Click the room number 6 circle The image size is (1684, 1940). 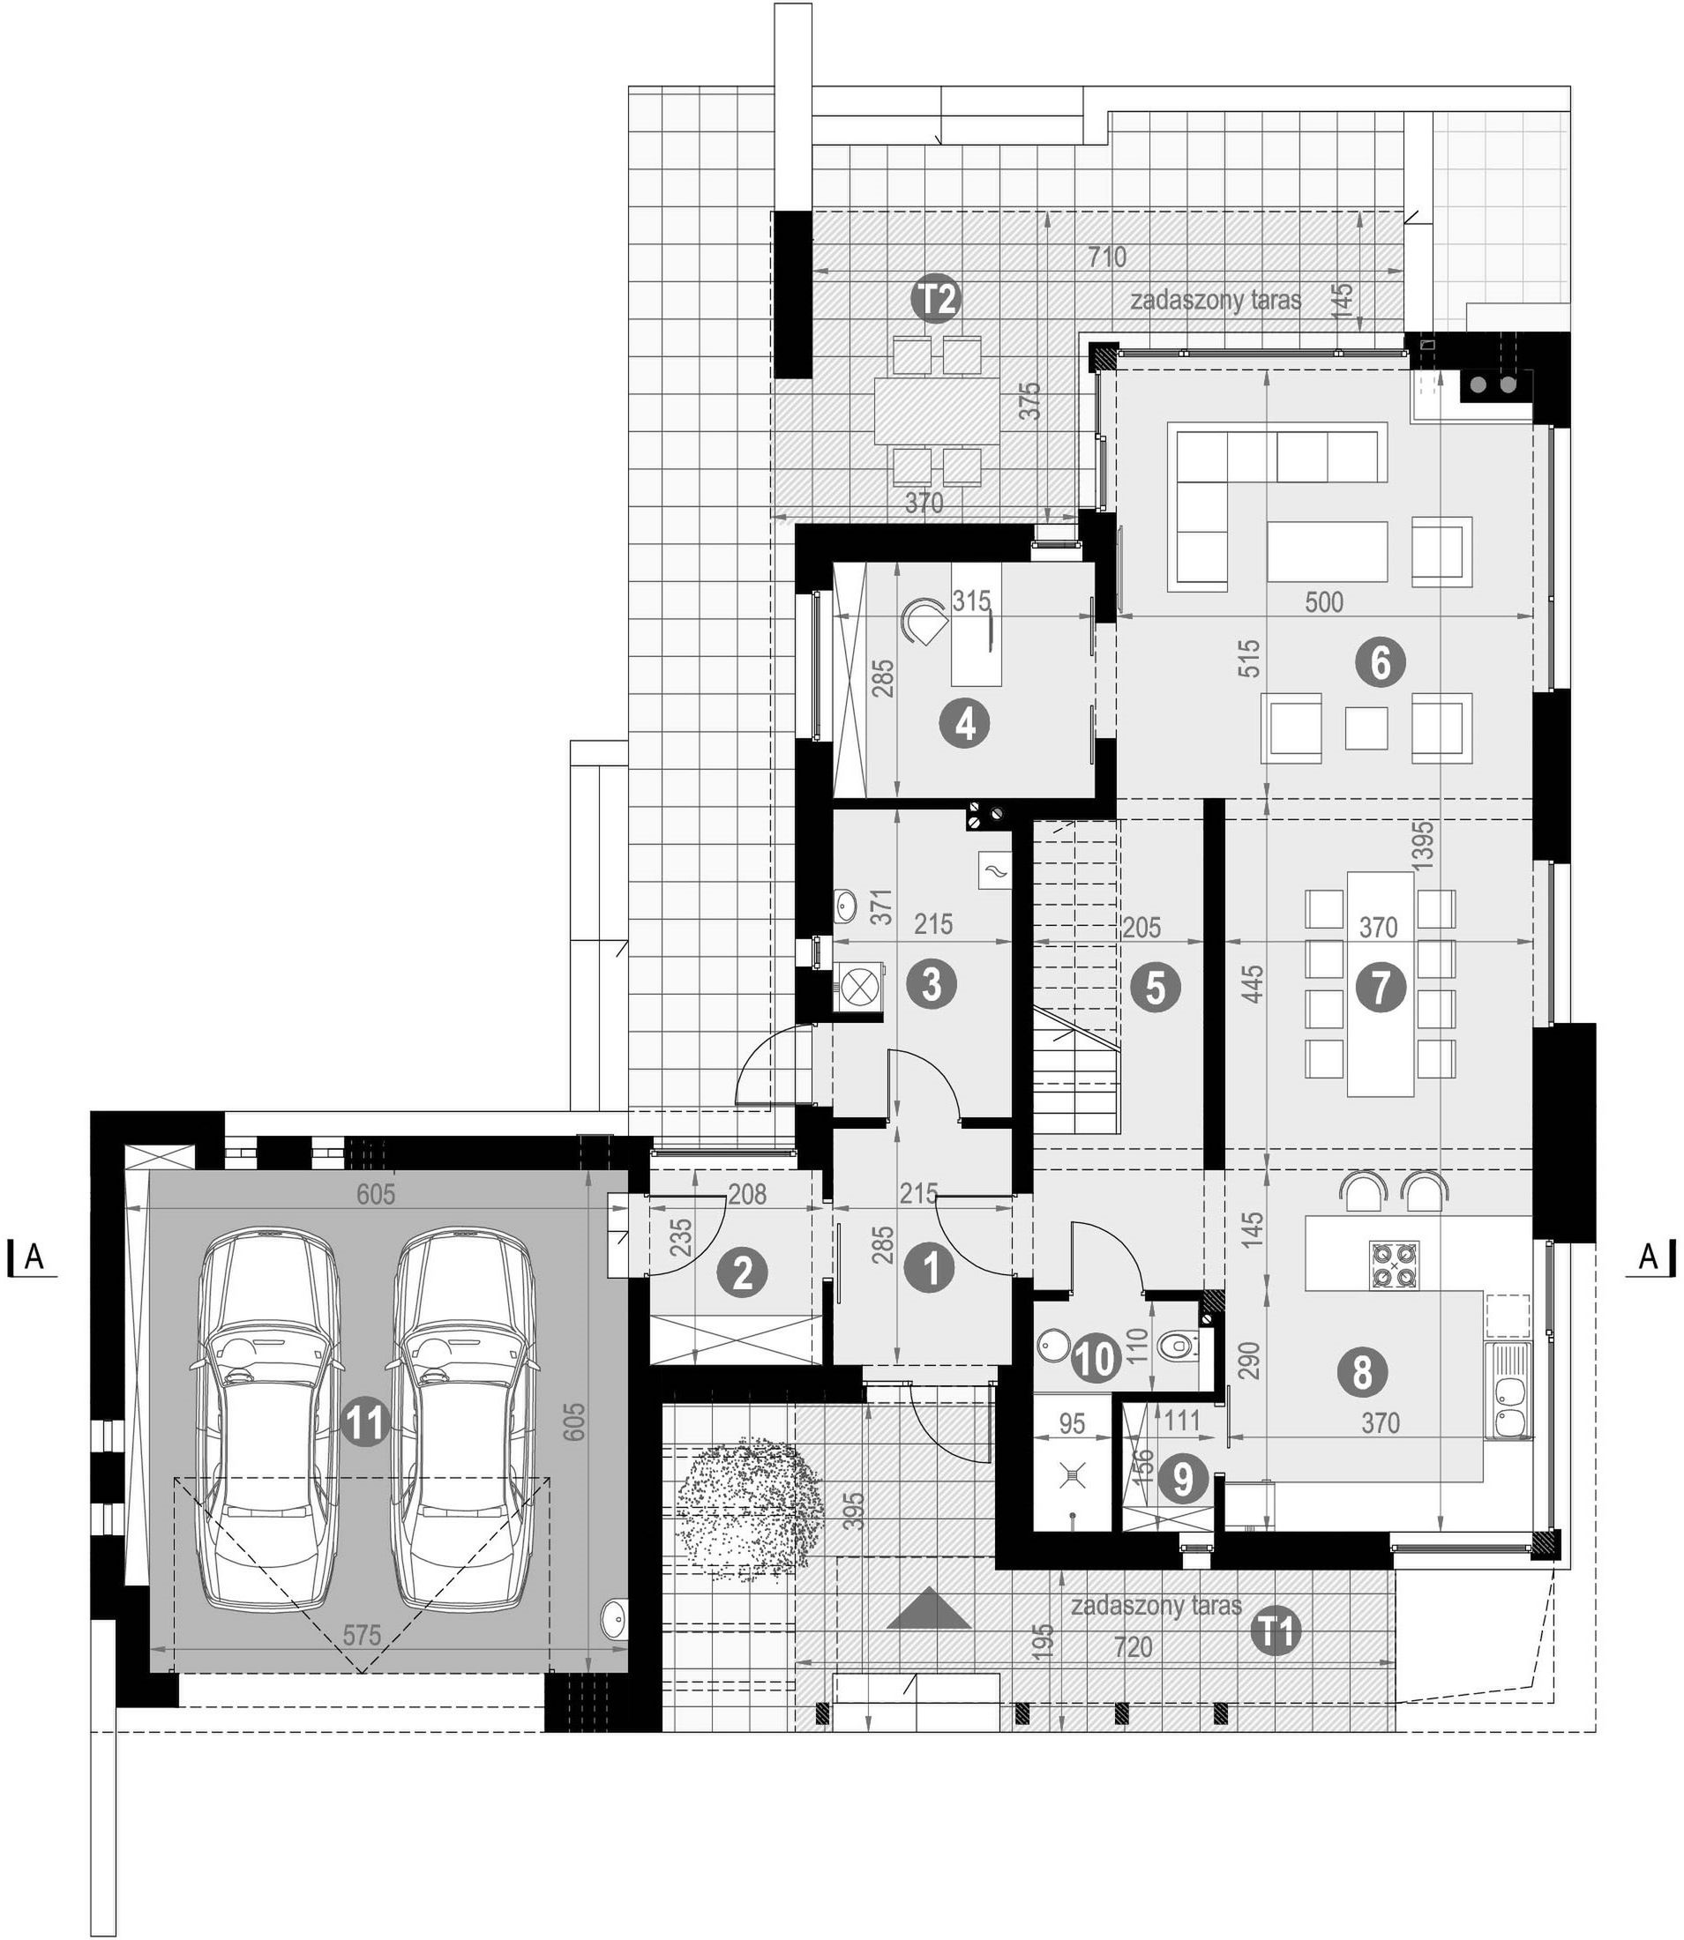[x=1380, y=663]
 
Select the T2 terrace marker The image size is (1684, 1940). [x=937, y=300]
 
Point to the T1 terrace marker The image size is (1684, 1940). [x=1276, y=1633]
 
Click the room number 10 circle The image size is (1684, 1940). [x=1095, y=1359]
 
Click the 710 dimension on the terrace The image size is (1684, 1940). [x=1106, y=257]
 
